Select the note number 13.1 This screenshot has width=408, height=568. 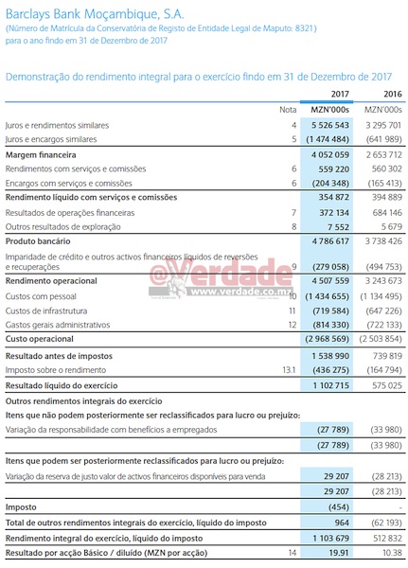(x=290, y=372)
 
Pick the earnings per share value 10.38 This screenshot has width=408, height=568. (x=393, y=552)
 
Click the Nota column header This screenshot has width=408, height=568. (x=289, y=110)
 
